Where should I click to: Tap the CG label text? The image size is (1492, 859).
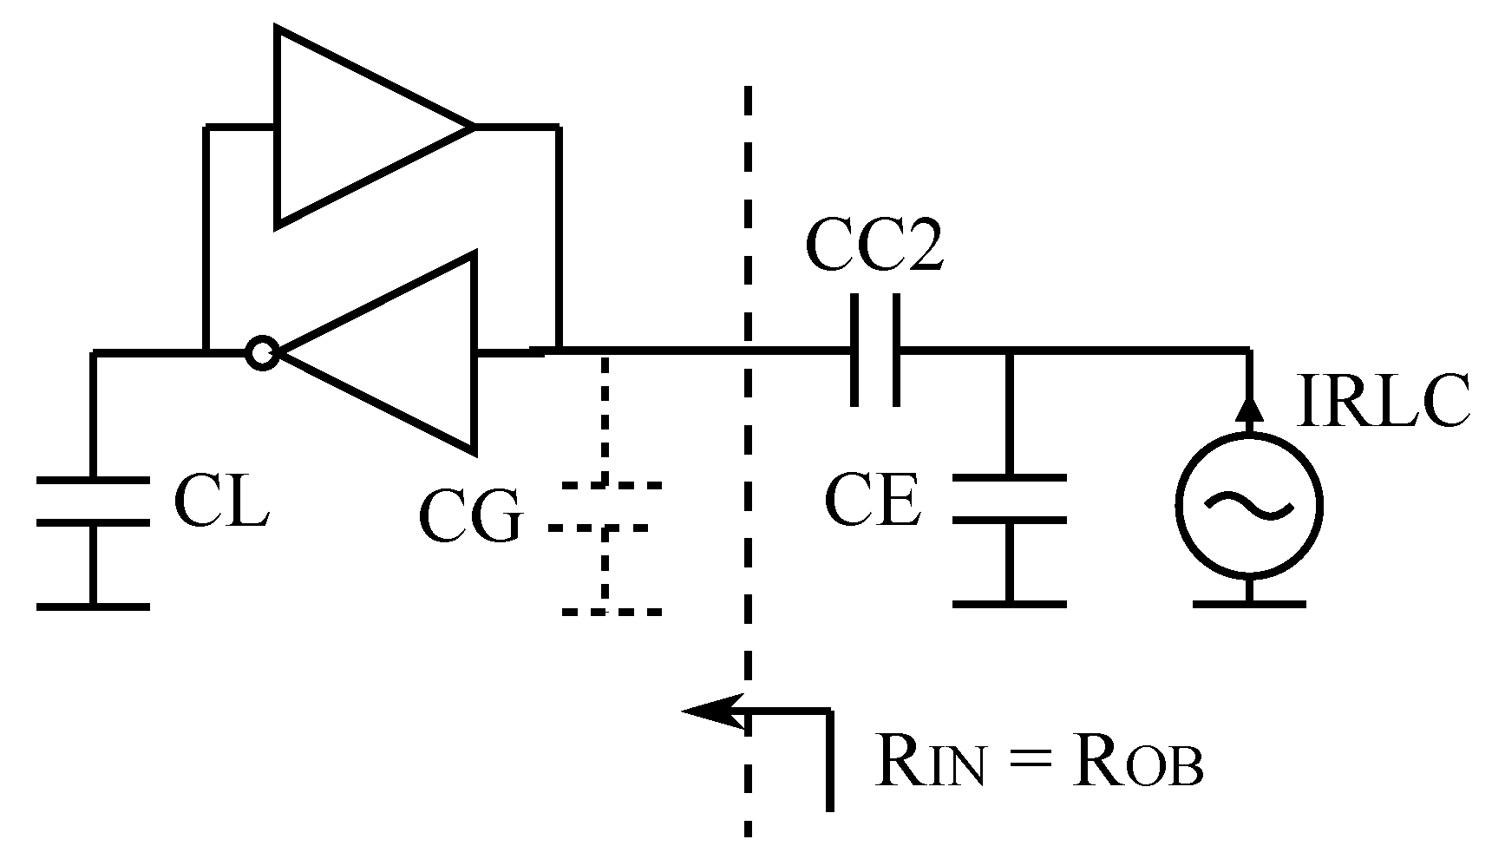coord(470,518)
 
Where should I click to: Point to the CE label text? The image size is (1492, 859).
coord(872,502)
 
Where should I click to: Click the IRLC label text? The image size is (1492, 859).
coord(1382,402)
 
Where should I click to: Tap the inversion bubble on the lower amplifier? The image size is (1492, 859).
coord(261,353)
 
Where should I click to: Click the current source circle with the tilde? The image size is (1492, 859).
coord(1249,503)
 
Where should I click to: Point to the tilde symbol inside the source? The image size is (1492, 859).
coord(1249,503)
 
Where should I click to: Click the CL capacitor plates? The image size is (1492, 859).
coord(93,501)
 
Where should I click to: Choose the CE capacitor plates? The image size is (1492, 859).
coord(1008,499)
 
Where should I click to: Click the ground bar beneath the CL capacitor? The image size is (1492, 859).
coord(93,607)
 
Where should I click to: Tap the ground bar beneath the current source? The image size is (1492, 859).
coord(1249,602)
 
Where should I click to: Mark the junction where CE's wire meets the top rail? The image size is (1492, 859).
coord(1008,351)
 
